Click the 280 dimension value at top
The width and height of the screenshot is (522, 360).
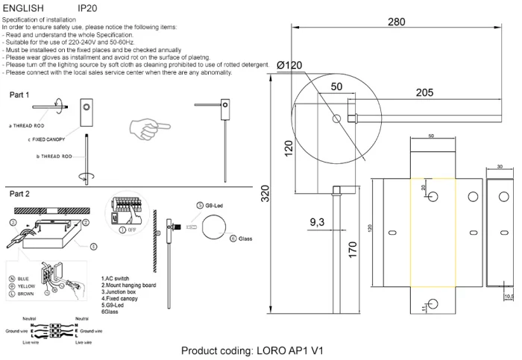397,22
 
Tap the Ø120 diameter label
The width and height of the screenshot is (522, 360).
289,66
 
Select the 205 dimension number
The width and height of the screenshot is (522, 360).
424,92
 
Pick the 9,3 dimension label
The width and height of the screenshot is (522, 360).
317,223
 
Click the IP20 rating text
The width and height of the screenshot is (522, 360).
87,7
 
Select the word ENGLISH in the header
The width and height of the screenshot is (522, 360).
24,7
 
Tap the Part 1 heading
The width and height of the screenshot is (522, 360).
19,95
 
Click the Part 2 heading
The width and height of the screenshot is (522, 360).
19,194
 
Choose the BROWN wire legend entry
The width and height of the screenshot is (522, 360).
25,294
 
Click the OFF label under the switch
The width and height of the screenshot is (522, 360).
131,230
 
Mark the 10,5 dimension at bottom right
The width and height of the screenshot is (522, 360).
509,297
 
